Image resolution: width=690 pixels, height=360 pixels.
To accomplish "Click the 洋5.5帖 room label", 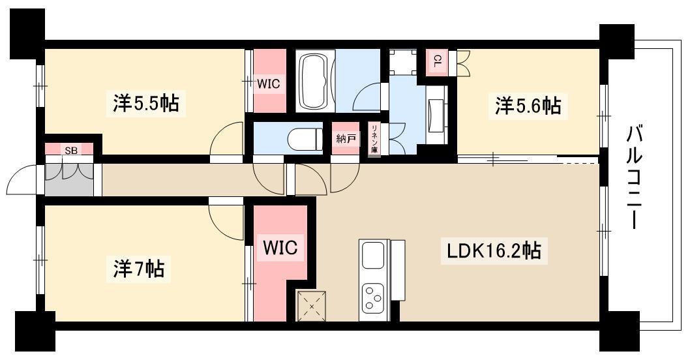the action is pyautogui.click(x=145, y=104).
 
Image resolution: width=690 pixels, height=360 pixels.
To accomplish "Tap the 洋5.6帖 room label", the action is pyautogui.click(x=528, y=106).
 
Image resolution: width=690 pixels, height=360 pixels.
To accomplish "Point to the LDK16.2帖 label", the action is pyautogui.click(x=494, y=251).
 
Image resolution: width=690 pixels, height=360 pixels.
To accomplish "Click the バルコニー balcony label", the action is pyautogui.click(x=634, y=177).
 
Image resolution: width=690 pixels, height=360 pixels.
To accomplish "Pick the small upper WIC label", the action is pyautogui.click(x=268, y=83).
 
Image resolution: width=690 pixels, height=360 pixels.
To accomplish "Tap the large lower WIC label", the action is pyautogui.click(x=280, y=247).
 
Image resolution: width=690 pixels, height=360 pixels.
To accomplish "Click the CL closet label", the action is pyautogui.click(x=437, y=61).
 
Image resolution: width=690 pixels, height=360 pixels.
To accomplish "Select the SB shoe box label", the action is pyautogui.click(x=71, y=151).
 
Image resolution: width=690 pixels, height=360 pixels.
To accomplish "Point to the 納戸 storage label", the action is pyautogui.click(x=346, y=139).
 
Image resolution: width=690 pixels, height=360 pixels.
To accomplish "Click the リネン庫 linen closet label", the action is pyautogui.click(x=374, y=140).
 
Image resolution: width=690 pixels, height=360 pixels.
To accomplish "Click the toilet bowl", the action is pyautogui.click(x=305, y=139).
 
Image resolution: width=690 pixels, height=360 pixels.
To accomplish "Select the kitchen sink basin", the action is pyautogui.click(x=373, y=255).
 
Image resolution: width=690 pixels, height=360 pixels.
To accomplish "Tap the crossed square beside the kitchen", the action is pyautogui.click(x=312, y=306).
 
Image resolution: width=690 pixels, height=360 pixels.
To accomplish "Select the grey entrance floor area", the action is pyautogui.click(x=70, y=180).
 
